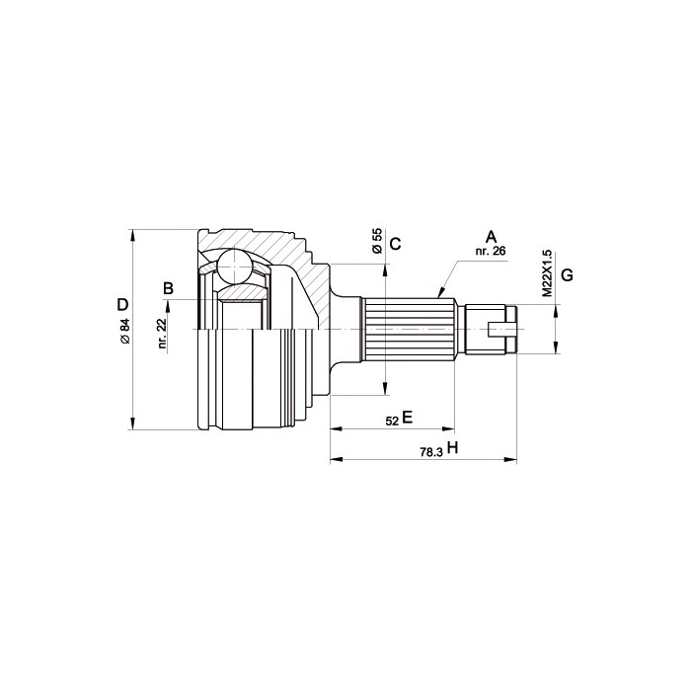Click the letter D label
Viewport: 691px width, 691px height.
[x=122, y=304]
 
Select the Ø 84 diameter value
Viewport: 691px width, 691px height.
[x=125, y=331]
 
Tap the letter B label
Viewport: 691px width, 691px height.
[x=169, y=288]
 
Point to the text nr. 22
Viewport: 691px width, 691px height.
[x=162, y=334]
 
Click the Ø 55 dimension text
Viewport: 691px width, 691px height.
[x=377, y=241]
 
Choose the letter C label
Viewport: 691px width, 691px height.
[x=396, y=244]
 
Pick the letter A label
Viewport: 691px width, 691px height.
[x=491, y=237]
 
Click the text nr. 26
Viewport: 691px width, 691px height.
[x=491, y=251]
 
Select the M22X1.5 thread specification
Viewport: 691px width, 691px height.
[x=547, y=273]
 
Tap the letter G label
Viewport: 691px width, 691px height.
[x=568, y=275]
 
